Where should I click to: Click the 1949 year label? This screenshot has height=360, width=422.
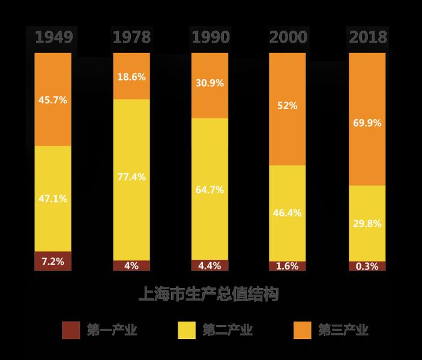point(53,37)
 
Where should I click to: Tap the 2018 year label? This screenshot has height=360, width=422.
point(367,37)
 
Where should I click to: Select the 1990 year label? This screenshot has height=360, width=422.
point(210,37)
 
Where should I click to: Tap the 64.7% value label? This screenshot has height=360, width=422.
point(209,190)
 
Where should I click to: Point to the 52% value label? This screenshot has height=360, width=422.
point(288,106)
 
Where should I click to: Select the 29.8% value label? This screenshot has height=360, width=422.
point(367,223)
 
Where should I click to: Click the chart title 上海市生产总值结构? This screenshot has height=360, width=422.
point(209,295)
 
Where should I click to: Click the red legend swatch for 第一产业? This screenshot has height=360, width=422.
point(71,329)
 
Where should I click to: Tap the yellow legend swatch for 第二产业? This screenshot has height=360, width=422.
point(187,329)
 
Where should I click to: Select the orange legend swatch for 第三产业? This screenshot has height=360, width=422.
point(302,329)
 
